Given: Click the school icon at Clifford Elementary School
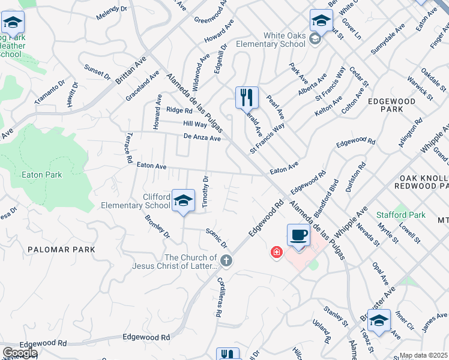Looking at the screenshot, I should click(184, 201).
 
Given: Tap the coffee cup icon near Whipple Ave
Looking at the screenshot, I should click(298, 235).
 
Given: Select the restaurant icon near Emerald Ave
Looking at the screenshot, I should click(247, 97).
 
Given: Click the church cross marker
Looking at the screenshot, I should click(226, 260).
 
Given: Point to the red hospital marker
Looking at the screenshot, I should click(276, 252).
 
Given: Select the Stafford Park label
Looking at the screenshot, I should click(400, 215).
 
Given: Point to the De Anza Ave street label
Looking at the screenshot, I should click(202, 138).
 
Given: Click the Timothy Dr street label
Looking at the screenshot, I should click(205, 192).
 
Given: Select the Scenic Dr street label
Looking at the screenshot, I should click(216, 238).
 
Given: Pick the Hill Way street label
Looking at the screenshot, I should click(194, 124).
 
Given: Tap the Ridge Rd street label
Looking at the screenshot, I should click(179, 110).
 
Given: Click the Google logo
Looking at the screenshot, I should click(20, 353).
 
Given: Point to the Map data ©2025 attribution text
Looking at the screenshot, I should click(424, 355).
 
